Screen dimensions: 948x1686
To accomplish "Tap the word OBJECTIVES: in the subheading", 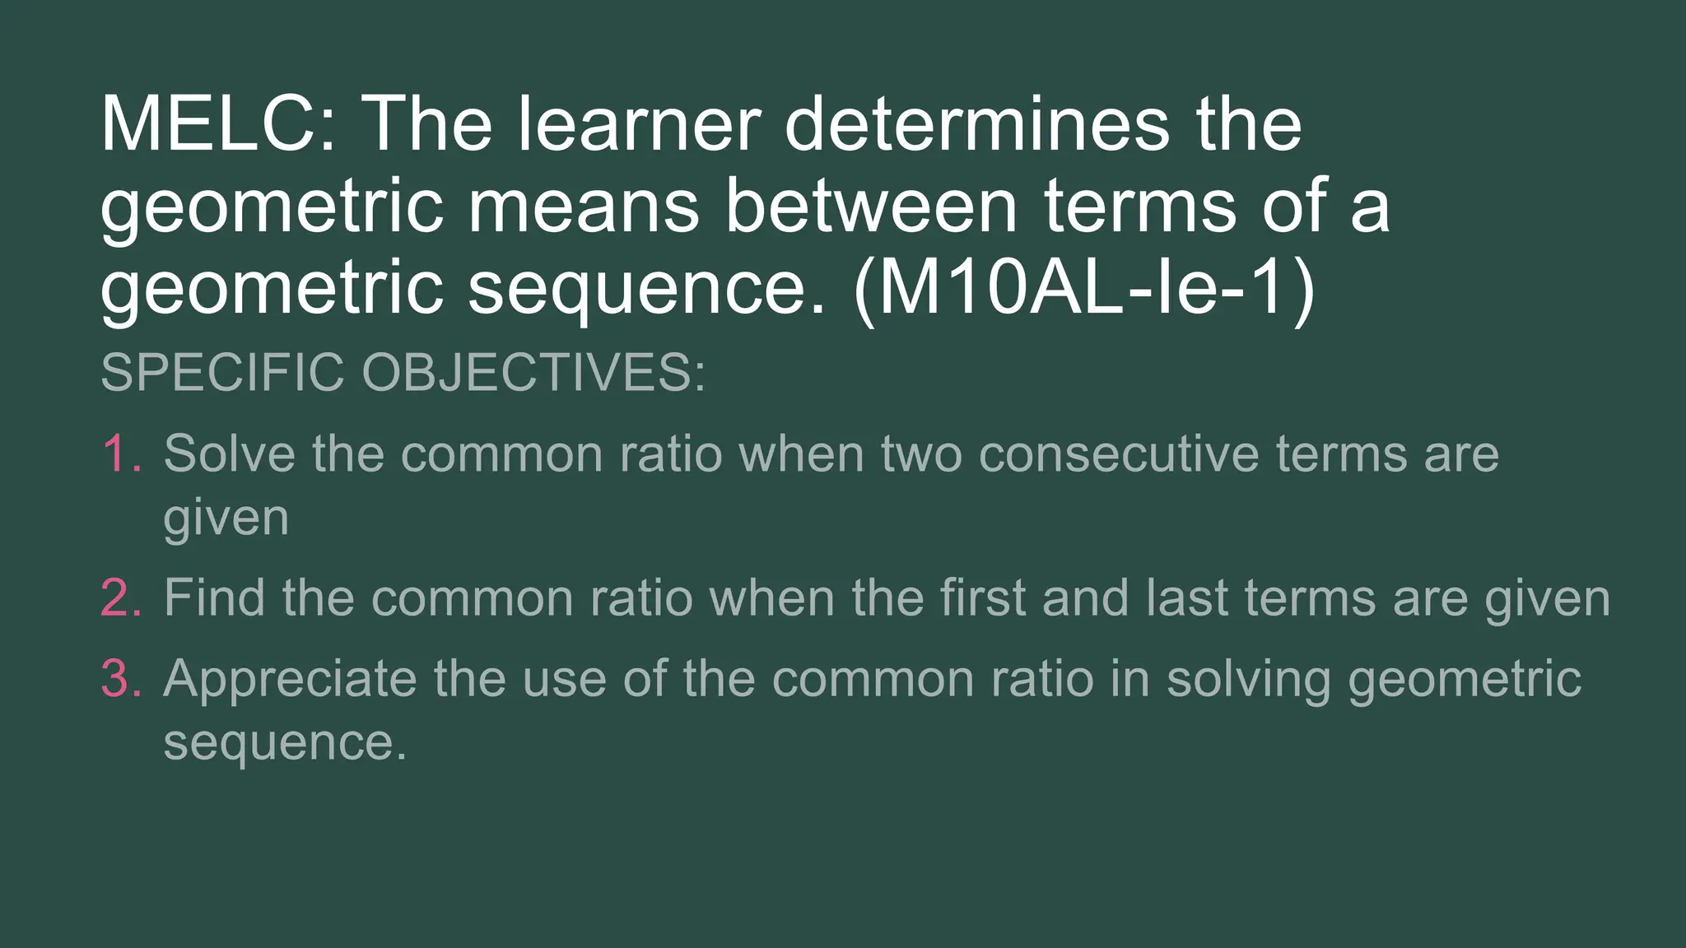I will click(x=533, y=372).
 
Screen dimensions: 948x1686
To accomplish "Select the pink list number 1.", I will click(x=121, y=453).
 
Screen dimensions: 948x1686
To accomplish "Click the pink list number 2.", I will click(x=121, y=597).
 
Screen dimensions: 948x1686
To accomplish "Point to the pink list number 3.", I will click(x=121, y=679).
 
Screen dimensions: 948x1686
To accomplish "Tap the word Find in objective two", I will click(x=214, y=597).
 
